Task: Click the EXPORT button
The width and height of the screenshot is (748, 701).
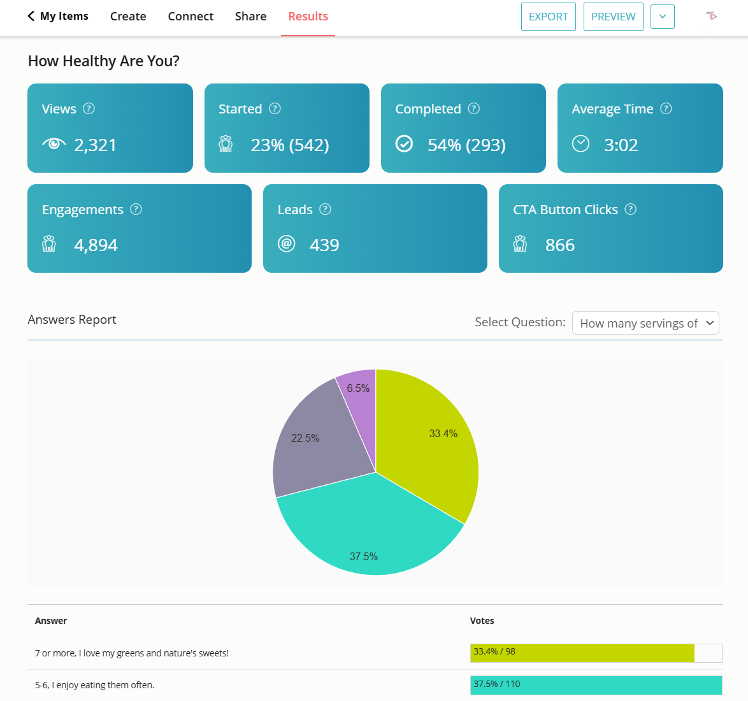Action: coord(548,17)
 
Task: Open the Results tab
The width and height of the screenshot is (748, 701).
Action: coord(308,17)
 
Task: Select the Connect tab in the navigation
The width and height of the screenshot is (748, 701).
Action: coord(191,17)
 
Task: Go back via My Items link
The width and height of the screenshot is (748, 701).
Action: coord(58,17)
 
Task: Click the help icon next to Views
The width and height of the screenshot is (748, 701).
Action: coord(89,108)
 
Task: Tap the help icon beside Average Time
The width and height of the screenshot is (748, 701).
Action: coord(666,108)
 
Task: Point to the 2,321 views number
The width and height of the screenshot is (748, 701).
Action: coord(96,145)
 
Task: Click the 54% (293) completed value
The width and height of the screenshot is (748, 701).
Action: coord(466,145)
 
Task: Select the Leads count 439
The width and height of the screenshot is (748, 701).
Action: coord(324,245)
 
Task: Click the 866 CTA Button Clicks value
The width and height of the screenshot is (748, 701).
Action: coord(560,245)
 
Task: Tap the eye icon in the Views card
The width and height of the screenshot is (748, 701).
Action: coord(54,144)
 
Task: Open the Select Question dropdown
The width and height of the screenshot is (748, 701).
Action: coord(645,323)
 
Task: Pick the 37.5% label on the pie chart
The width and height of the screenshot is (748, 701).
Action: coord(364,556)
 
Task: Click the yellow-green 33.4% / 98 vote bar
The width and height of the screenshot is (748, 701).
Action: coord(582,653)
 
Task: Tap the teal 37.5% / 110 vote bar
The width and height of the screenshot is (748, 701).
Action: coord(596,685)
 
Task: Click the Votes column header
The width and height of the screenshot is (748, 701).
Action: coord(482,621)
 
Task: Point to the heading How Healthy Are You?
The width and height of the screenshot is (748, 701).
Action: coord(104,61)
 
